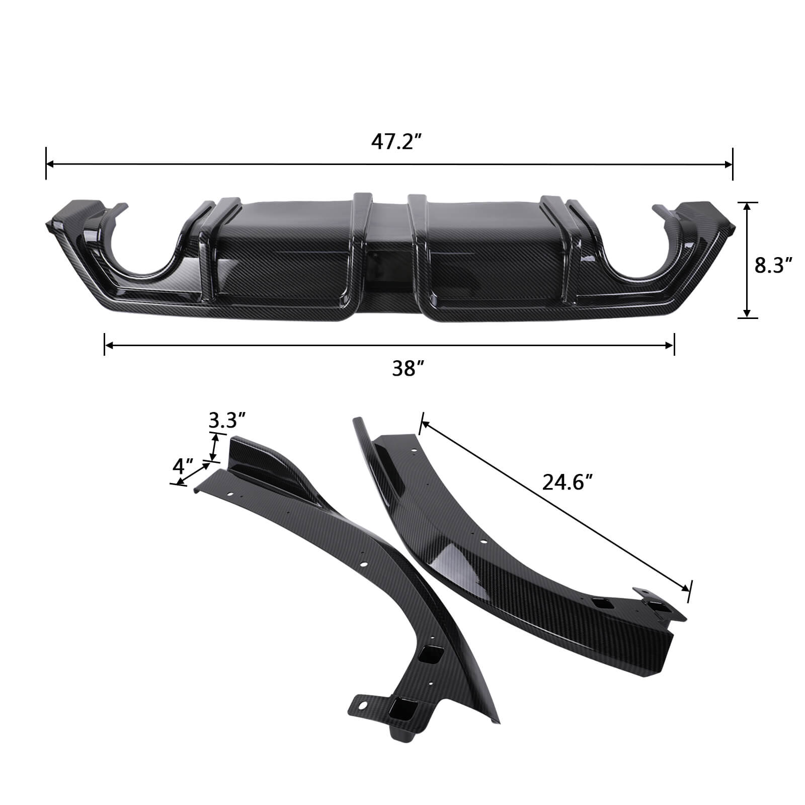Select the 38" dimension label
point(405,370)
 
